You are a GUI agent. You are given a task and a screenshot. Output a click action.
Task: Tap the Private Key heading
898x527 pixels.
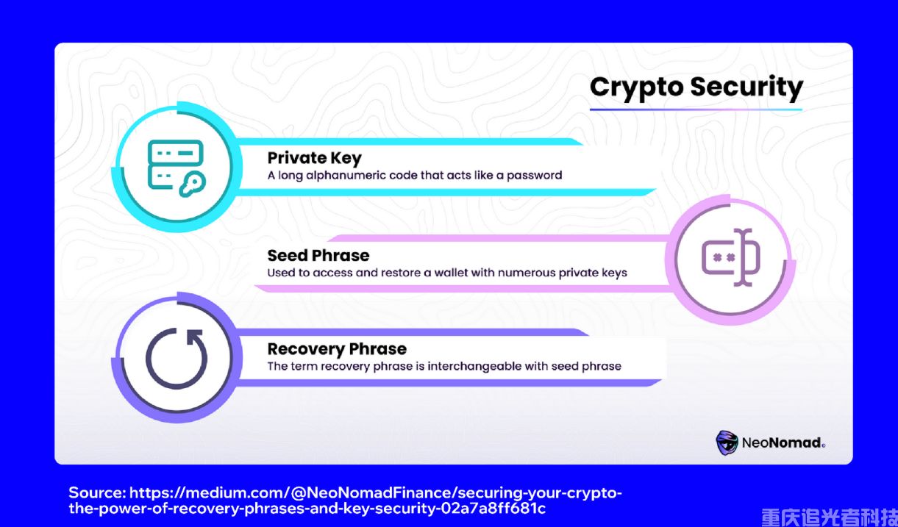[x=314, y=158]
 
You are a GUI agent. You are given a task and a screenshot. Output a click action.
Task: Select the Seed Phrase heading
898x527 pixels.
[x=318, y=256]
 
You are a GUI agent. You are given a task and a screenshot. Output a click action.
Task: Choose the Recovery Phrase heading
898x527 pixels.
[x=337, y=349]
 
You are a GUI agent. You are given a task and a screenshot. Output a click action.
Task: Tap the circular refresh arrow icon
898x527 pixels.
[x=176, y=359]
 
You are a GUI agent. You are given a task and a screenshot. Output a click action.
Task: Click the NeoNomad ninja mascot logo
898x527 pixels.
[x=727, y=442]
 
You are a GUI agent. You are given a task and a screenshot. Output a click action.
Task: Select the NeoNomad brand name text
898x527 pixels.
[x=783, y=443]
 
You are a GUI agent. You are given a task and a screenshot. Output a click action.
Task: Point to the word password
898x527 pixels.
[x=535, y=176]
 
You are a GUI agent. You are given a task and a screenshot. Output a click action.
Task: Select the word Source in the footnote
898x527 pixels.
[x=96, y=492]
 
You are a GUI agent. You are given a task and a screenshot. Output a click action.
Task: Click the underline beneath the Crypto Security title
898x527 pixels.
[x=695, y=110]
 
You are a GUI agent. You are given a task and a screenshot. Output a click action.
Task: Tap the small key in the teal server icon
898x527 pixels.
[x=193, y=184]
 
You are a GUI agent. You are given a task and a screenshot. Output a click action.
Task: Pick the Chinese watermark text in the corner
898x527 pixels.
[x=828, y=517]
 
